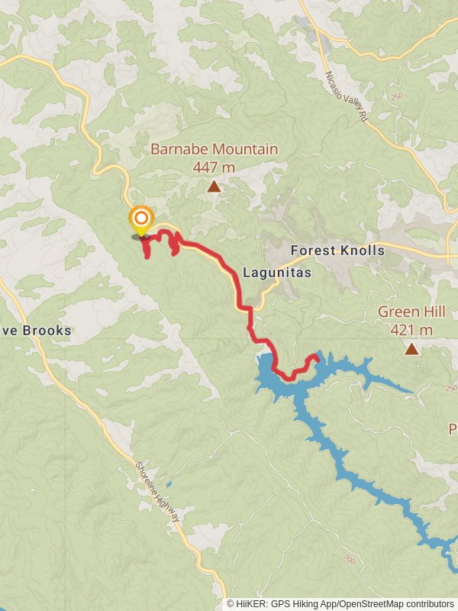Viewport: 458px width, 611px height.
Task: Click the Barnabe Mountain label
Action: click(x=214, y=149)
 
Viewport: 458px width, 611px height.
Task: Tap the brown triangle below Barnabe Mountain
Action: click(x=214, y=186)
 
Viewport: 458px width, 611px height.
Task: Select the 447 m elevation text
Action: click(x=214, y=167)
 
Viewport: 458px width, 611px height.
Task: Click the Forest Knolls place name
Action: click(x=337, y=251)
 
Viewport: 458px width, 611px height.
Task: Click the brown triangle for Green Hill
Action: click(x=412, y=349)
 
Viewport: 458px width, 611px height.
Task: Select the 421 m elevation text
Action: click(x=411, y=330)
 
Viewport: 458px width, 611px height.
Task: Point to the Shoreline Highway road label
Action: click(x=159, y=493)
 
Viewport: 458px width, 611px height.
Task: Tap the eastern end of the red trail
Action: click(x=314, y=357)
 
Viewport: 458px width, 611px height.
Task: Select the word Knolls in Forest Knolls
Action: click(x=363, y=251)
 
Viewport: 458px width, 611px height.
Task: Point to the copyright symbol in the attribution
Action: click(x=231, y=604)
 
